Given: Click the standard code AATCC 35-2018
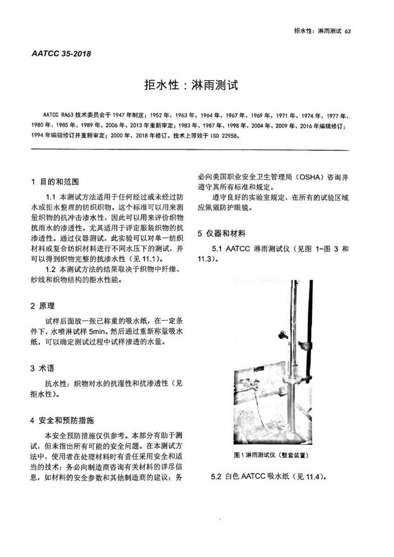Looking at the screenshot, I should [61, 53].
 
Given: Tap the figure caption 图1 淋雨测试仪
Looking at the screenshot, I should [271, 455].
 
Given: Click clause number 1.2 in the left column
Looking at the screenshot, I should [51, 269].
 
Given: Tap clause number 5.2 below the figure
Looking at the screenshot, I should [217, 477].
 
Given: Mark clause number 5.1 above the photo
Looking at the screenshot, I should [218, 249].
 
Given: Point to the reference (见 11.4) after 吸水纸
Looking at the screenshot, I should [312, 477].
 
